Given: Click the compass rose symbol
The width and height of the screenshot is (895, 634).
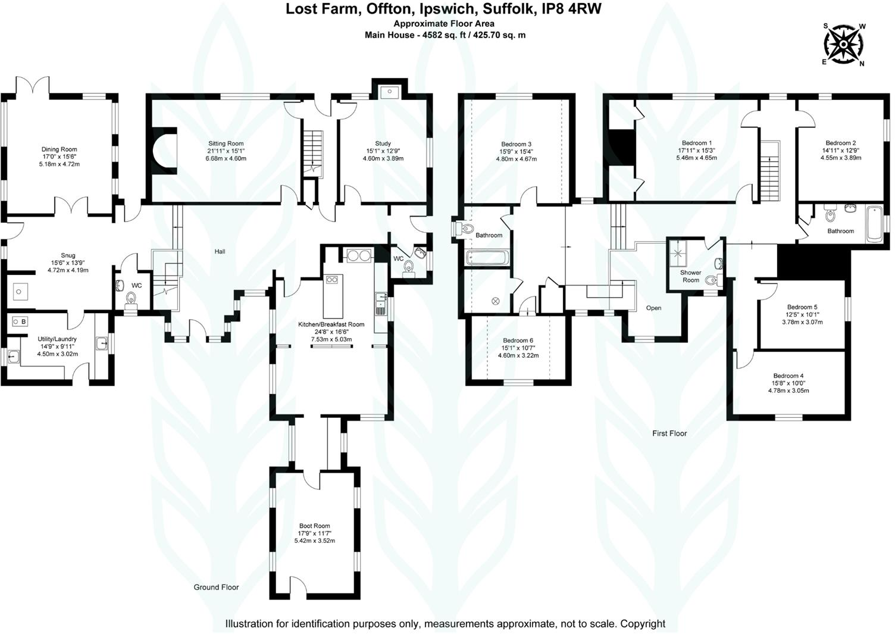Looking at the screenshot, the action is click(x=843, y=44).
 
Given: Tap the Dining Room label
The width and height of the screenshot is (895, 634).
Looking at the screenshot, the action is click(x=59, y=149).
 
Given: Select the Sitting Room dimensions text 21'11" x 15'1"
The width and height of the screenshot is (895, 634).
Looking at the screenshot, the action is click(x=226, y=151).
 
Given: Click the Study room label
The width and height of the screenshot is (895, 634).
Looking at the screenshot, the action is click(x=383, y=143).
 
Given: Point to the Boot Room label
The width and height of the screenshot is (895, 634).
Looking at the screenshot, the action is click(x=314, y=526).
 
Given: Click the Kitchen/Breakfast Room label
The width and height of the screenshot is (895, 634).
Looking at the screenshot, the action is click(x=331, y=324).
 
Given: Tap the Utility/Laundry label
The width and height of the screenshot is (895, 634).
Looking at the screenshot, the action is click(x=57, y=339).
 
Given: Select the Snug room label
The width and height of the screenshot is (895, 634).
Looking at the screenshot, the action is click(x=68, y=255).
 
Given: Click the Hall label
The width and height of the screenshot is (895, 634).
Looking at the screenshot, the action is click(x=220, y=251).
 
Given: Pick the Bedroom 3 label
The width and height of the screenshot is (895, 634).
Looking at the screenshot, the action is click(x=516, y=144).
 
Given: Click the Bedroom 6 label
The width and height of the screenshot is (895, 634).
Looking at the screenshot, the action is click(x=518, y=340).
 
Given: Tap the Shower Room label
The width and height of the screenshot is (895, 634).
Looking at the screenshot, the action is click(x=690, y=276).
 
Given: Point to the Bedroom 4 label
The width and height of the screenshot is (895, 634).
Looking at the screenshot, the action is click(x=788, y=376).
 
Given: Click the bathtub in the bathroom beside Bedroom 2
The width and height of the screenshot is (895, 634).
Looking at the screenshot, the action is click(x=874, y=224).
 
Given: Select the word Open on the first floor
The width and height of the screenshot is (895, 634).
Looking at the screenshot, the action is click(x=653, y=308).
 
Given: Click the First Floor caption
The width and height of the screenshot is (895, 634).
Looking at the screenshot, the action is click(x=669, y=433).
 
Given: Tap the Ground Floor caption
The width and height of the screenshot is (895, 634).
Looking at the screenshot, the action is click(x=216, y=587).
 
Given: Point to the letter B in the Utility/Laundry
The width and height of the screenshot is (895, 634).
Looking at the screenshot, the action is click(x=24, y=321).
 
